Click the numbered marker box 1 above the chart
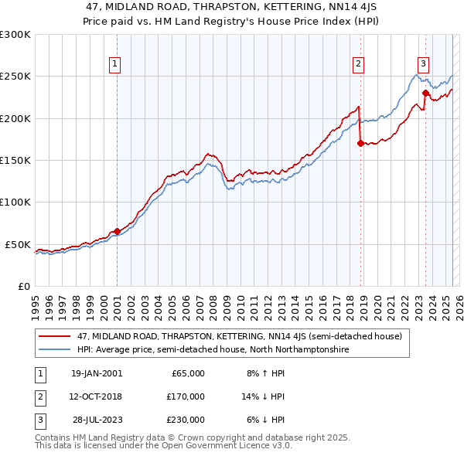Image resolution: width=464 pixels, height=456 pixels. click(114, 64)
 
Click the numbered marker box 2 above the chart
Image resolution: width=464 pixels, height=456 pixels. click(359, 64)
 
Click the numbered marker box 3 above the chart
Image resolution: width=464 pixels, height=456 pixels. click(424, 64)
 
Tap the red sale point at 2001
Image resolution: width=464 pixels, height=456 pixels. click(117, 231)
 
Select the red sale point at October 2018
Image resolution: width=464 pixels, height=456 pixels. click(360, 143)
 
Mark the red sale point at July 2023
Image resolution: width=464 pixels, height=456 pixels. click(425, 93)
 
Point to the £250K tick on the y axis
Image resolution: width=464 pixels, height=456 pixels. click(15, 77)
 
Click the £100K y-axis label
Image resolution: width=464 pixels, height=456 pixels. click(15, 202)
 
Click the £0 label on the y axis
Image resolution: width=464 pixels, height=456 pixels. click(23, 286)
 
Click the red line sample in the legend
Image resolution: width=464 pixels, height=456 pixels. click(55, 336)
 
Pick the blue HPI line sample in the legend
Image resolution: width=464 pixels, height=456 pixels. click(55, 349)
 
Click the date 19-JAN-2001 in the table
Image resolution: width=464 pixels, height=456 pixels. click(96, 373)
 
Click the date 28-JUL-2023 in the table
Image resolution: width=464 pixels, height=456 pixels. click(97, 420)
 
